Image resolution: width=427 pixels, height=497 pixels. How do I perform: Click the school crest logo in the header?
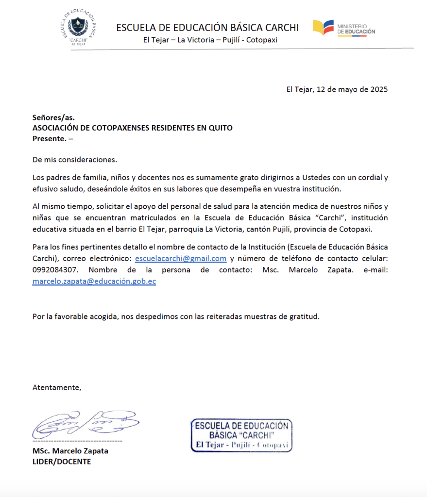point(80,28)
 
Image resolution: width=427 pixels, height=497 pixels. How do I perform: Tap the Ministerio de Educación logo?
point(344,28)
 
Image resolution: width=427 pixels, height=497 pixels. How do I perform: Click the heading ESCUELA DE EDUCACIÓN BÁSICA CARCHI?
point(207,27)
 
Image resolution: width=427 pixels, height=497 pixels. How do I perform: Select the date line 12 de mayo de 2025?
point(337,89)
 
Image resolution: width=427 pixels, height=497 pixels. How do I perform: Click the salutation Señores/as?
point(53,117)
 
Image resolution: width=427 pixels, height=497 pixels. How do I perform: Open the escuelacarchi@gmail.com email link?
point(181,258)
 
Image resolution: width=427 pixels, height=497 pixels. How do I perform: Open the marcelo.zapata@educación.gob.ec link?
point(94,281)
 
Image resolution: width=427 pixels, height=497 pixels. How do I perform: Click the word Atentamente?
point(56,387)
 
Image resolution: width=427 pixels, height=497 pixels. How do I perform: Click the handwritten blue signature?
point(85,425)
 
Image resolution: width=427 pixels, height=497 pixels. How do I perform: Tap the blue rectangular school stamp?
point(241,434)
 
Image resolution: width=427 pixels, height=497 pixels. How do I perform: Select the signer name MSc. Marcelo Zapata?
point(70,451)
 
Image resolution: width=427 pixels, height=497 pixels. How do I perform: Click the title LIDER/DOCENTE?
point(62,462)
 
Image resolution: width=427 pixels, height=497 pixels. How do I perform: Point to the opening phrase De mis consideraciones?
point(75,159)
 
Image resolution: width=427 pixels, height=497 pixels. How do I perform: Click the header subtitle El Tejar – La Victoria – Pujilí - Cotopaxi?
point(210,40)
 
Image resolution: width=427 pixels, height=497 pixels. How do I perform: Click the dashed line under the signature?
point(77,441)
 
